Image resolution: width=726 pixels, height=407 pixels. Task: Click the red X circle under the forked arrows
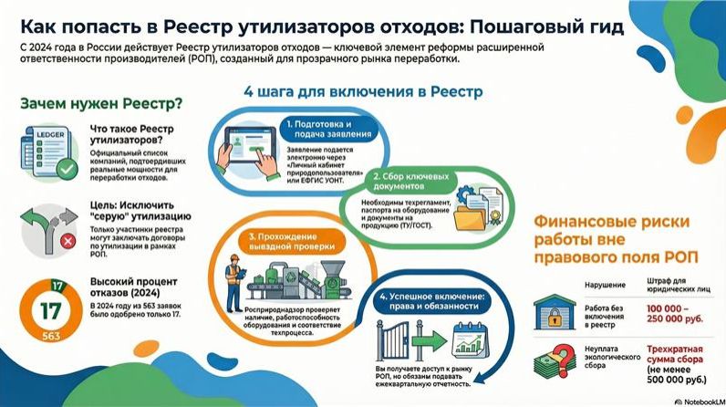[x=67, y=241]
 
